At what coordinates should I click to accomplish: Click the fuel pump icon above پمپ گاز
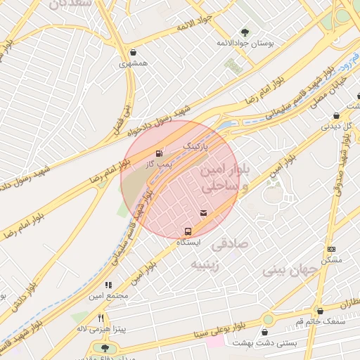(x=159, y=153)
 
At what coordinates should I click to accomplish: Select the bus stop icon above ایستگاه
(x=188, y=231)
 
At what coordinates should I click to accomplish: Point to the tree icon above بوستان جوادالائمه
(x=245, y=32)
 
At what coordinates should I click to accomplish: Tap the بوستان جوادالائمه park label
(x=245, y=43)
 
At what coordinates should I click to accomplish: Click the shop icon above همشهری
(x=134, y=52)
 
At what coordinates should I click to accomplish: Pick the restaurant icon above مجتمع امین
(x=108, y=285)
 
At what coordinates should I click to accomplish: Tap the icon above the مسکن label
(x=332, y=249)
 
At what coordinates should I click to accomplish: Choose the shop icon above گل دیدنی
(x=336, y=116)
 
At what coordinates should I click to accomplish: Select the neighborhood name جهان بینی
(x=286, y=269)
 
